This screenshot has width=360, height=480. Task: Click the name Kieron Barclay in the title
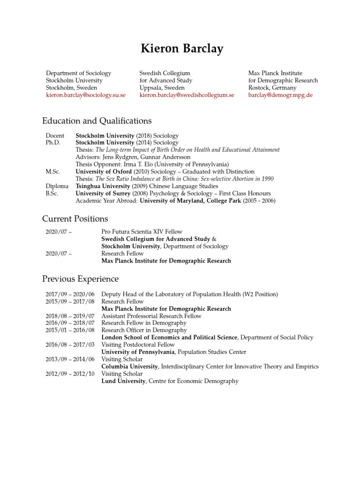click(x=180, y=49)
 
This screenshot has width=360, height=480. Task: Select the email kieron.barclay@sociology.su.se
click(x=86, y=95)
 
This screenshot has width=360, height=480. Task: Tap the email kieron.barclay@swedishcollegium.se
click(x=187, y=95)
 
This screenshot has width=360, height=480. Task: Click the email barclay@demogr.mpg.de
click(x=280, y=95)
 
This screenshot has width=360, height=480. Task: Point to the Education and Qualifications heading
click(x=97, y=121)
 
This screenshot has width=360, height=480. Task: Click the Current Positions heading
click(x=75, y=219)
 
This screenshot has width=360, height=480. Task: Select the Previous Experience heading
click(x=81, y=279)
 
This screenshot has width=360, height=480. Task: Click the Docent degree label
click(x=55, y=135)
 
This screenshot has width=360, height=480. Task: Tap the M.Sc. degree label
click(x=53, y=172)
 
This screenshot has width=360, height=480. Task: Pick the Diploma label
click(x=57, y=186)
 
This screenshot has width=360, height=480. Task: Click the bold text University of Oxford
click(x=104, y=172)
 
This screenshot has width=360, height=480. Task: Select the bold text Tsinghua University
click(x=103, y=186)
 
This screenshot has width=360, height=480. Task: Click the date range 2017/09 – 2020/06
click(x=70, y=294)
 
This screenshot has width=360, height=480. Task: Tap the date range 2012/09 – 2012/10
click(x=70, y=374)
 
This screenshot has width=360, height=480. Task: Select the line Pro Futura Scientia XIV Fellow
click(x=142, y=232)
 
